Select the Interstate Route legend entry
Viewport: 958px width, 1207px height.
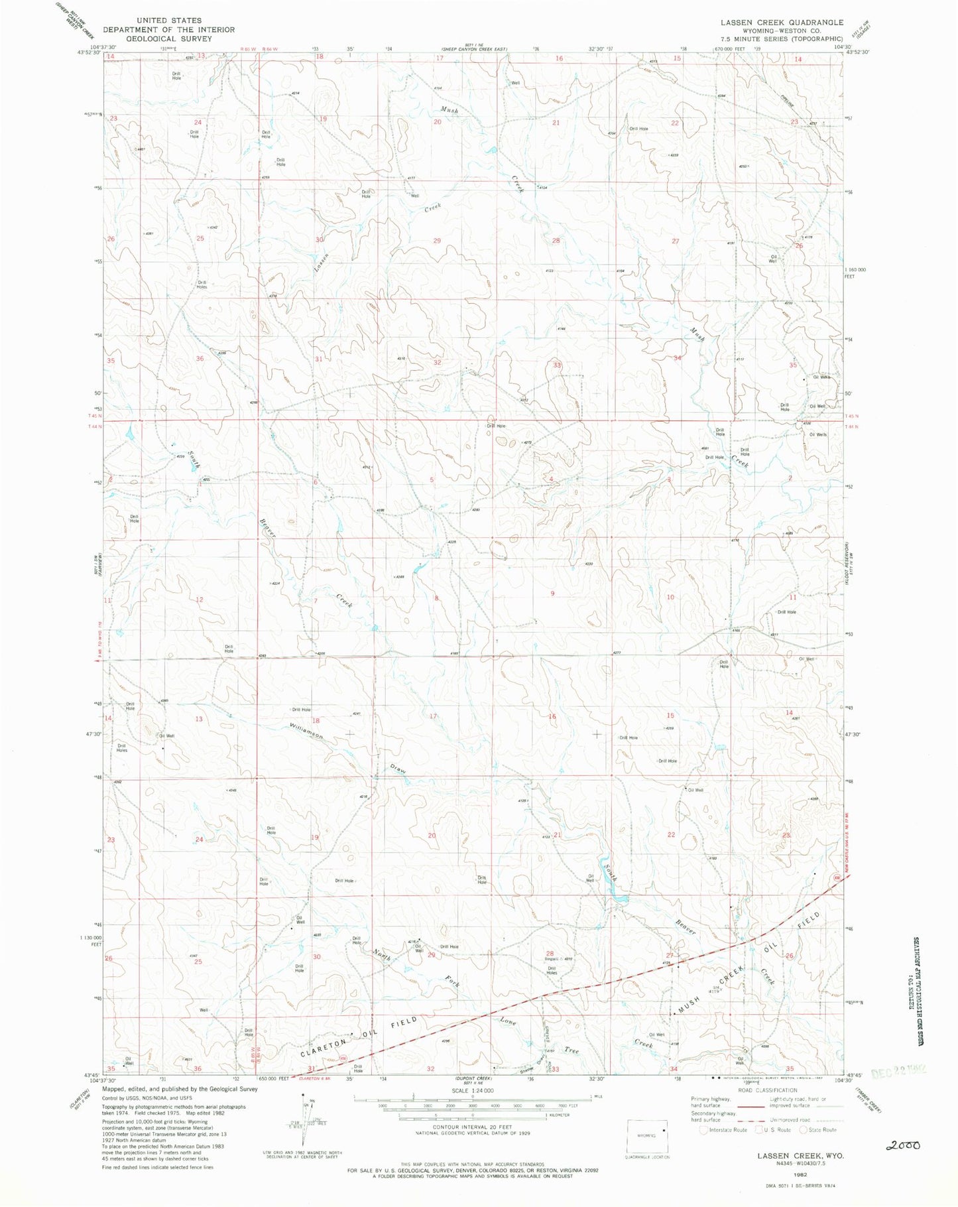coord(725,1130)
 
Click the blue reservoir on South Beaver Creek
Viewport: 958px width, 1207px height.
coord(618,899)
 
